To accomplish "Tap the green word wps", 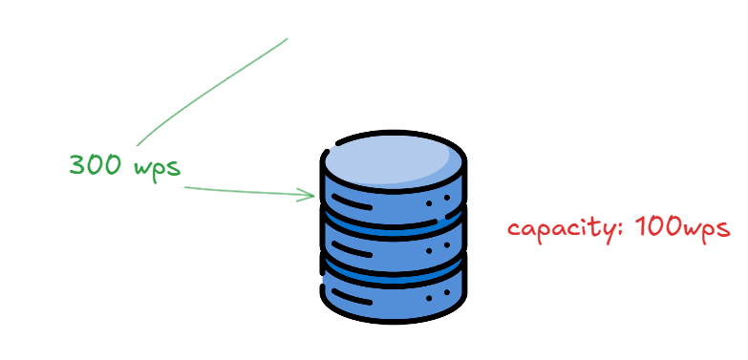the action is point(158,166).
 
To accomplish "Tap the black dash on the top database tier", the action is point(353,204).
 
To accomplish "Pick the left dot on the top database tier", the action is point(428,204).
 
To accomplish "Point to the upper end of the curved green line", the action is point(287,39).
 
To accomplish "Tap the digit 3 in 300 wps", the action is point(77,165).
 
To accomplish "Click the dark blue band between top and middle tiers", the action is point(394,228).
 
